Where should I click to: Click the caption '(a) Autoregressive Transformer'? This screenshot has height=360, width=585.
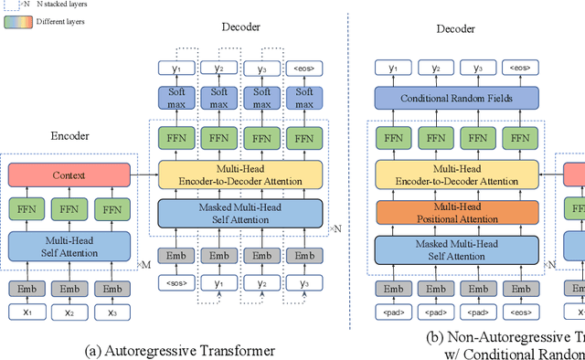tap(178, 349)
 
